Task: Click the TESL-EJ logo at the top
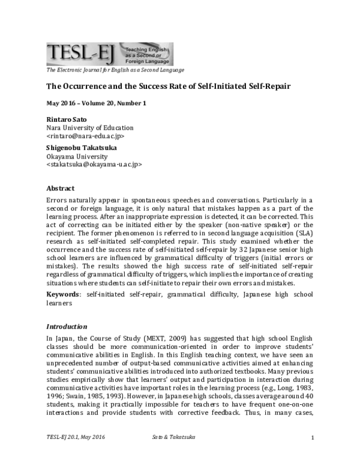[110, 54]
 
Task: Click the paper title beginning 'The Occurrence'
[169, 86]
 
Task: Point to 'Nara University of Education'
[90, 128]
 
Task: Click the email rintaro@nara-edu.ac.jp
[85, 136]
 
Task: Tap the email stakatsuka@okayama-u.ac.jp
[94, 165]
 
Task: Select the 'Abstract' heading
[61, 187]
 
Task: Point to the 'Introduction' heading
[67, 327]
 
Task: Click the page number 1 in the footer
[313, 453]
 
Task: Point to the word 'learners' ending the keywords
[59, 303]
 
